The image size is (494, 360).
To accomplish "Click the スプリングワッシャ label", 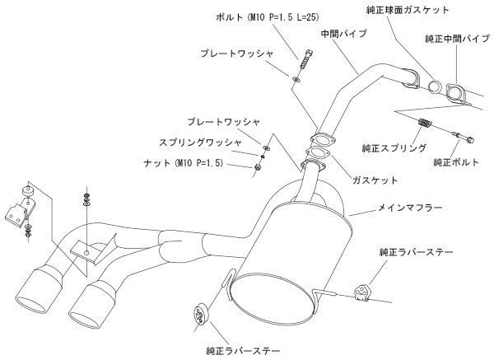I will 202,143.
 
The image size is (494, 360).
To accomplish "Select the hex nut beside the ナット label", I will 258,167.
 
